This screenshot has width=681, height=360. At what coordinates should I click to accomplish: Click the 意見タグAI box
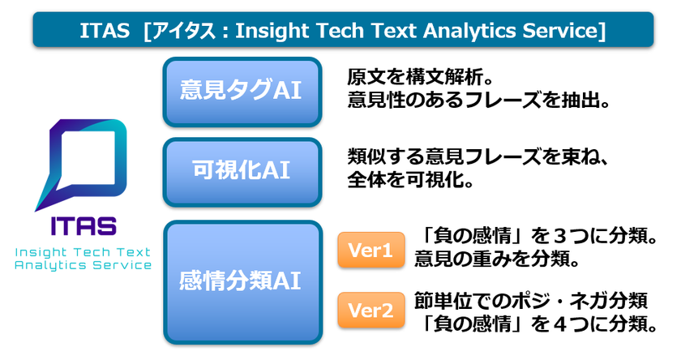pos(242,92)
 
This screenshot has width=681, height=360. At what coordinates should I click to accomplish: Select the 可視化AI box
pos(242,172)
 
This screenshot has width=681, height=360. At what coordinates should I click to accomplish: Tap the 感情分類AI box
pos(242,281)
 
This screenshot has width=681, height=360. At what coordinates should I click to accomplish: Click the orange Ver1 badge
pos(370,251)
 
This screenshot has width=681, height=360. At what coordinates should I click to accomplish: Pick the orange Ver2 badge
pos(370,310)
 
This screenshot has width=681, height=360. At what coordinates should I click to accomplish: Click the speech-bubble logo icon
pos(83,163)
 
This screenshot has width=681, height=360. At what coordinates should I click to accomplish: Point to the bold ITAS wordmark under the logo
pos(83,225)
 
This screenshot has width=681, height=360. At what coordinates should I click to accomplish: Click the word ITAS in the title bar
pos(103,31)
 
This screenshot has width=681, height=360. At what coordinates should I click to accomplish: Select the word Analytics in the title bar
pos(464,31)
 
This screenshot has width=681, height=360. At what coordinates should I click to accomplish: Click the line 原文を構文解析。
pos(420,79)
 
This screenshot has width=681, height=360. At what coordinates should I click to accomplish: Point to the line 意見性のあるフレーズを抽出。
pos(478,101)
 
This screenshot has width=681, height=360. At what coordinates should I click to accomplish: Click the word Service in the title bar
pos(559,31)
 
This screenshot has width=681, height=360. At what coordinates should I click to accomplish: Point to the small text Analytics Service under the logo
pos(83,265)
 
